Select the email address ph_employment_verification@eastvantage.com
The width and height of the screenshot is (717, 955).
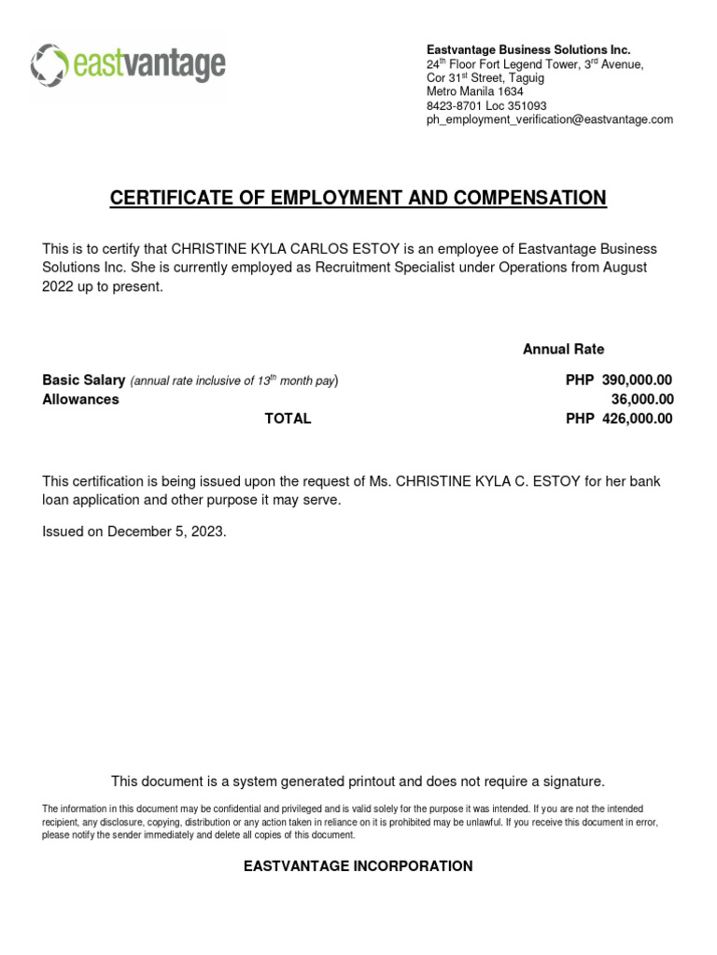(x=549, y=120)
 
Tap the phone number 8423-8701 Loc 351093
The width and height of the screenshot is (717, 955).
(x=486, y=106)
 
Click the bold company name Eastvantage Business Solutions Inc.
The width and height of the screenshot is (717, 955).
(x=528, y=49)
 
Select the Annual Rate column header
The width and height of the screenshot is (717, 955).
(x=563, y=349)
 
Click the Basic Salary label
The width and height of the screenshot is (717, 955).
(x=84, y=381)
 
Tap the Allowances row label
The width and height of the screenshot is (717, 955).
(x=80, y=399)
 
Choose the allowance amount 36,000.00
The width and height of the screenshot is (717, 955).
(x=641, y=399)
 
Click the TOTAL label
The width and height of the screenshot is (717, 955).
(x=288, y=419)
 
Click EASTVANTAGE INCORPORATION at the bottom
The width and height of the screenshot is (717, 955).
(x=358, y=866)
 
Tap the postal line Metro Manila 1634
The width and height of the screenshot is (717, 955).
(x=475, y=92)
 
